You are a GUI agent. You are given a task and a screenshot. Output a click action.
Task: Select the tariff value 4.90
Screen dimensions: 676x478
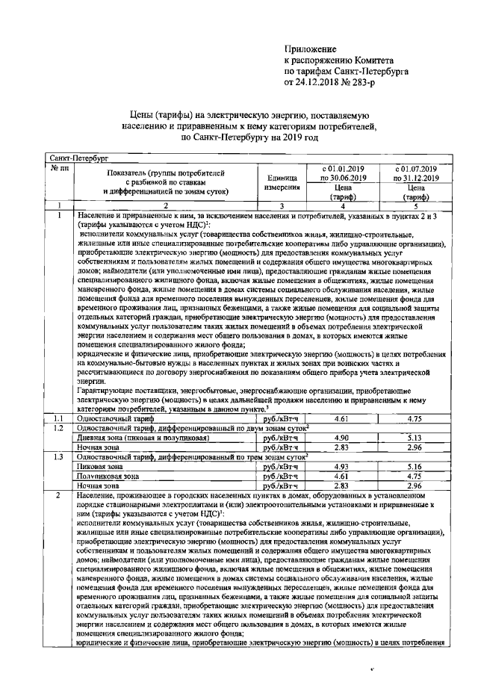coord(343,438)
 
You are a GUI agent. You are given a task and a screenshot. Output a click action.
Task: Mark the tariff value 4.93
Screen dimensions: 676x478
coord(343,466)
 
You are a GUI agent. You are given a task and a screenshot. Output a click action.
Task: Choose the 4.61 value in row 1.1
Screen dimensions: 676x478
coord(343,418)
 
